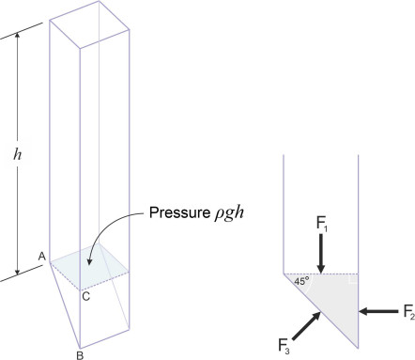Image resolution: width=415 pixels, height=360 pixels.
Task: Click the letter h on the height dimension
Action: coord(18,154)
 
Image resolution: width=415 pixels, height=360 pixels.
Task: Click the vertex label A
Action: coord(42,257)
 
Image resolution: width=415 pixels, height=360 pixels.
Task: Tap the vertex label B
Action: coord(80,355)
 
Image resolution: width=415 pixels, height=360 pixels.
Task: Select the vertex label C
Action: coord(86,296)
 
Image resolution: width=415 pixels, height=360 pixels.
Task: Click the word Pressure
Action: coord(179,212)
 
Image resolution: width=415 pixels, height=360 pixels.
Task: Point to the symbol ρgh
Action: coord(229,213)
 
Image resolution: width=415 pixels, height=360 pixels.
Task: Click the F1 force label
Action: coord(321,225)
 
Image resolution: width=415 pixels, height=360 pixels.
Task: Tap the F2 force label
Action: coord(408,312)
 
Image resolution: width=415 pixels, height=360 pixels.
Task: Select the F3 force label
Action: coord(284,346)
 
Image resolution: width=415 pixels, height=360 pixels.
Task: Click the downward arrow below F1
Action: coord(320,254)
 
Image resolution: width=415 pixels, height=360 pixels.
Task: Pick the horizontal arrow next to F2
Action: coord(378,311)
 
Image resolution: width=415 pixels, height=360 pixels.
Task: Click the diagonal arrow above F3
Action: coord(306,326)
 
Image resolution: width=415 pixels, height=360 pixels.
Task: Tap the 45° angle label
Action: coord(301,281)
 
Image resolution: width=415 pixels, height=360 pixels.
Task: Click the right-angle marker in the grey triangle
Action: coord(353,279)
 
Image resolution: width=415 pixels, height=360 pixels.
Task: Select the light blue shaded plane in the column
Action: coord(89,266)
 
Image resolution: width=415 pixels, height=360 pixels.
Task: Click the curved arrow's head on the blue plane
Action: coord(90,261)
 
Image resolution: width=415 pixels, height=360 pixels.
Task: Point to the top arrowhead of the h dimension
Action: coord(18,35)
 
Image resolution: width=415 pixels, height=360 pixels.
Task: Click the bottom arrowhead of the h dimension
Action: coord(18,272)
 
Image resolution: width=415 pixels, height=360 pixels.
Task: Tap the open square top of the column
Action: coord(89,24)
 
